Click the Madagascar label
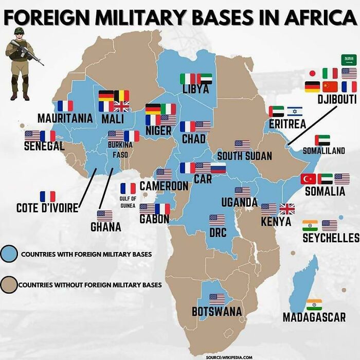point(314,317)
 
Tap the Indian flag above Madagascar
point(314,304)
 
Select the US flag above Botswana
point(217,298)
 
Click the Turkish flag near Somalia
point(309,179)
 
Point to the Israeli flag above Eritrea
point(295,111)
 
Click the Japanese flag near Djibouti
point(312,74)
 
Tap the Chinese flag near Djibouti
point(330,86)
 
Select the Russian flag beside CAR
point(219,168)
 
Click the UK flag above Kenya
point(287,209)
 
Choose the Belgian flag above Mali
point(121,95)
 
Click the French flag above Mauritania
point(65,106)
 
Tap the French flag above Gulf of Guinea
point(128,188)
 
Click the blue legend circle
point(9,254)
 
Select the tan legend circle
point(9,284)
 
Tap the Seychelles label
point(331,238)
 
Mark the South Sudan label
point(244,156)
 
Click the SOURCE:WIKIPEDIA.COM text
point(229,356)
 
